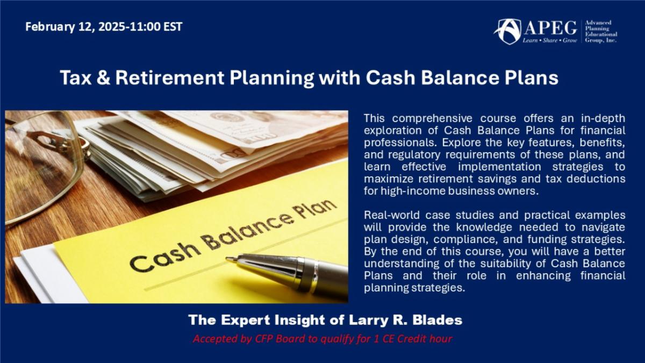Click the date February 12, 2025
point(75,27)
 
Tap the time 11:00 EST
point(156,27)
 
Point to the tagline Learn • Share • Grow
point(550,40)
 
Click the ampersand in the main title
point(103,77)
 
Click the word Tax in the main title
point(76,77)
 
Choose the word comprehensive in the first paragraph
point(432,118)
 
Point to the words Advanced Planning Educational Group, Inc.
point(601,31)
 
